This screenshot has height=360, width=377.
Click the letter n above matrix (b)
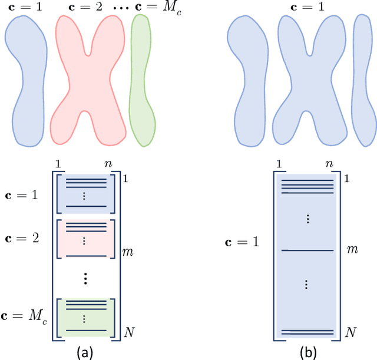point(328,165)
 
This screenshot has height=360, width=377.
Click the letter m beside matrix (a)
point(128,252)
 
